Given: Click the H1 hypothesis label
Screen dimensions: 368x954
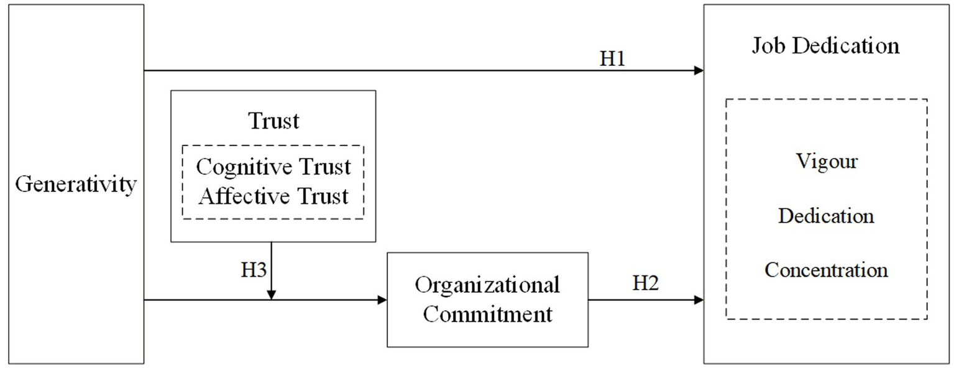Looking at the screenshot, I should pos(612,58).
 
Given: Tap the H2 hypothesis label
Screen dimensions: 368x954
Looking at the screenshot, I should pos(646,283).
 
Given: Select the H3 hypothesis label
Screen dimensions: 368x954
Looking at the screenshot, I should pos(253,271).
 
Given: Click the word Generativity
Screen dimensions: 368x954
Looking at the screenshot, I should pos(76,185).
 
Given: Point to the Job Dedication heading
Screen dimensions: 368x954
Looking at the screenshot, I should pos(826,46).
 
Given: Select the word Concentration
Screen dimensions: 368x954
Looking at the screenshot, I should pos(826,270).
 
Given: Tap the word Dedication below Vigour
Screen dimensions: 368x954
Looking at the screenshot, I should pos(826,216).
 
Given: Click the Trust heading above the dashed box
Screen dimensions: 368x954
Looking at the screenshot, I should pos(273,121).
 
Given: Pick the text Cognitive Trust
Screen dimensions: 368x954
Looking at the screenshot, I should pos(273,167).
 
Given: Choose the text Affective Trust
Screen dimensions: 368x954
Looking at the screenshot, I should pos(273,196).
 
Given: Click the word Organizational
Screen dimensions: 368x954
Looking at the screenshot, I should pos(487,285).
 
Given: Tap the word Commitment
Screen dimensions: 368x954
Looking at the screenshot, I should pos(487,314).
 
